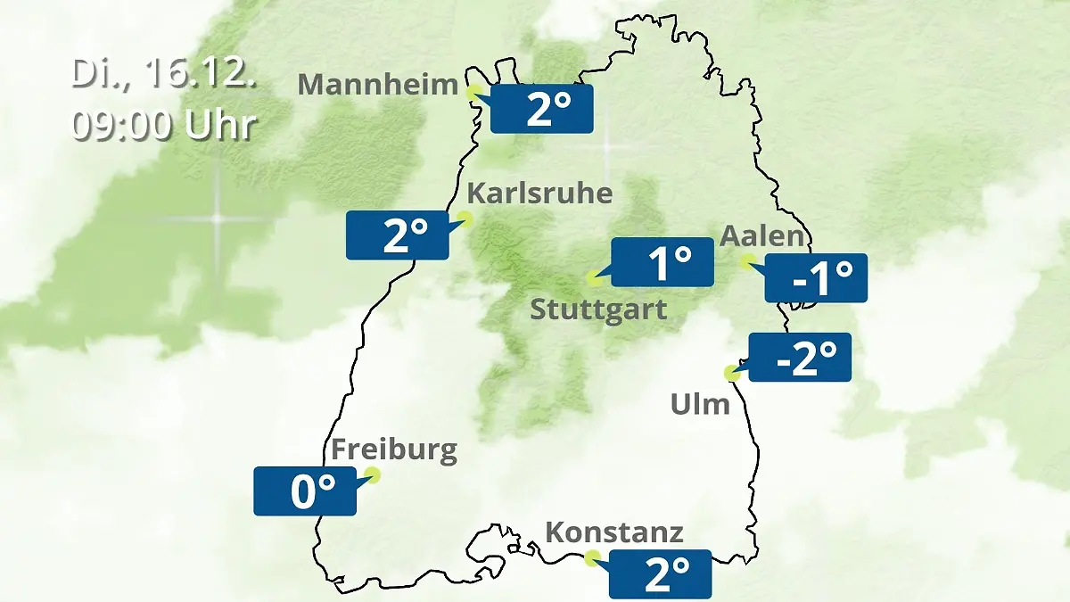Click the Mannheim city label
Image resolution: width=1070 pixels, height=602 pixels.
point(378,85)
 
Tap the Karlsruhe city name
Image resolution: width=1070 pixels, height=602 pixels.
point(539,194)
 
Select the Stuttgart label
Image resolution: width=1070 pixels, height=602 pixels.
point(598,310)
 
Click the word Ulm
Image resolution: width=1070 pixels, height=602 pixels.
point(700,405)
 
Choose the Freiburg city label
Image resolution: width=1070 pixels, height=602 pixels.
point(393,450)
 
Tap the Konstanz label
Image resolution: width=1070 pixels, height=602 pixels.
point(613,533)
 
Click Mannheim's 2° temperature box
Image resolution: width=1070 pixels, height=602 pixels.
point(541,110)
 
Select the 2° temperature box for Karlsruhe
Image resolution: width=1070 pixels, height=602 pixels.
point(398,235)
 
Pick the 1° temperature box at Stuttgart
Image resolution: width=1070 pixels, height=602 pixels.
point(663,262)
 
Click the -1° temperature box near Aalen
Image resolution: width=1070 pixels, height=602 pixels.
point(816,277)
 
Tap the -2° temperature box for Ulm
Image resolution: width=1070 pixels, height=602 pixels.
point(801,357)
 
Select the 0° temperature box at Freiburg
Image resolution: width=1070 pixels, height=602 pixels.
point(305,491)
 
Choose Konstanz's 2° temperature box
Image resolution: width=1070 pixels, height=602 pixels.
point(661,573)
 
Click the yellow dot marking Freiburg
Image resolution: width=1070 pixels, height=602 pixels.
point(373,474)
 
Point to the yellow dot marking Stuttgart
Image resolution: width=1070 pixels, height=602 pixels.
point(593,278)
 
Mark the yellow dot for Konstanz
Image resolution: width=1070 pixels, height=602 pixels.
point(591,558)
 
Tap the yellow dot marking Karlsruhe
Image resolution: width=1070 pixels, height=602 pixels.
point(465,218)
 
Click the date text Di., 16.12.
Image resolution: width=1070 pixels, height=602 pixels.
point(164,74)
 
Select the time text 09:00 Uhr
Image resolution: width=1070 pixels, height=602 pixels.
point(164,125)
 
